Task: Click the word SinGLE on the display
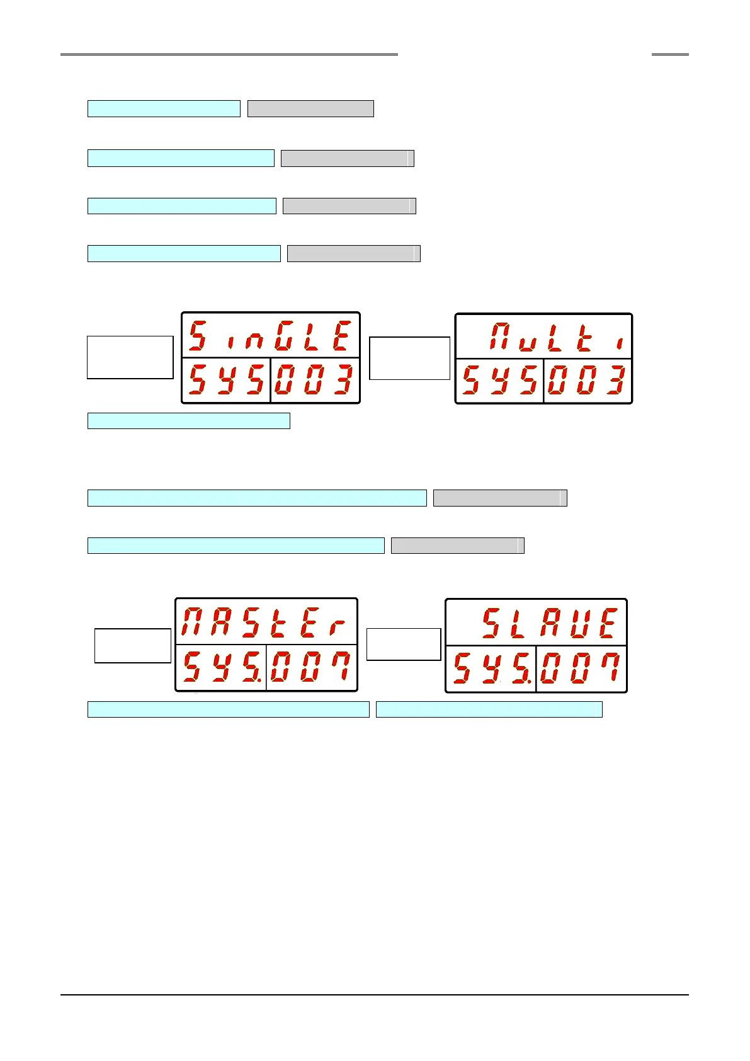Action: pyautogui.click(x=270, y=336)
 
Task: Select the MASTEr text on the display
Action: pyautogui.click(x=264, y=622)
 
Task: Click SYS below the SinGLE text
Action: pyautogui.click(x=226, y=380)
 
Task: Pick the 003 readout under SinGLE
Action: pyautogui.click(x=314, y=380)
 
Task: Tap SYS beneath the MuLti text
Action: pyautogui.click(x=499, y=381)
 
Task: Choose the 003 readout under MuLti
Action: pyautogui.click(x=587, y=381)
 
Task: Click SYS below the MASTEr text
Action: pyautogui.click(x=220, y=668)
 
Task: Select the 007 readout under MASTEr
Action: pyautogui.click(x=311, y=668)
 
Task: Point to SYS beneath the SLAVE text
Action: pyautogui.click(x=491, y=669)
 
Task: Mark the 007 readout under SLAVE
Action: pyautogui.click(x=581, y=669)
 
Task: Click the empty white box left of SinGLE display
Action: pyautogui.click(x=130, y=357)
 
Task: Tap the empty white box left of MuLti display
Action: pyautogui.click(x=409, y=358)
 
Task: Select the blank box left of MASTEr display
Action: pyautogui.click(x=132, y=645)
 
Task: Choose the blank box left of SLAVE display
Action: pyautogui.click(x=403, y=644)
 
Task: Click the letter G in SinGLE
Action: pyautogui.click(x=285, y=336)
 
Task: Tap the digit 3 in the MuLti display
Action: pyautogui.click(x=615, y=381)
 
